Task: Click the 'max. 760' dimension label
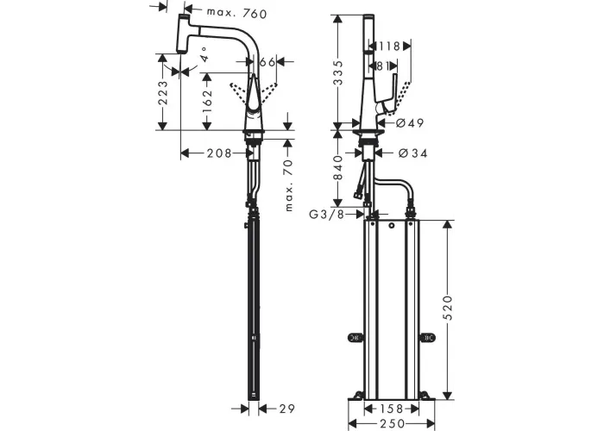coord(236,13)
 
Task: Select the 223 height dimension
coord(163,92)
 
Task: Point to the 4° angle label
coord(204,54)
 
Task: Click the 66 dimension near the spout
coord(267,61)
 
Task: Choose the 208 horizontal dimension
coord(219,153)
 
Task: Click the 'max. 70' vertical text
coord(288,185)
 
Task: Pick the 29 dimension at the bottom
coord(287,409)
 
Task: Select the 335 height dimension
coord(338,72)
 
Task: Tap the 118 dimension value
coord(389,47)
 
